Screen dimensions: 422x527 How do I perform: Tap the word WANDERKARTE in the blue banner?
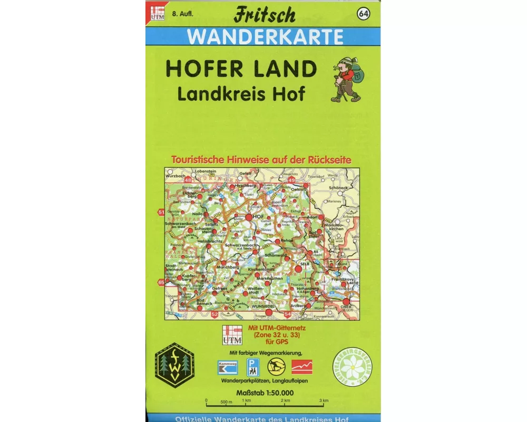point(265,36)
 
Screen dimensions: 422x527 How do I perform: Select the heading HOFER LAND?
point(241,69)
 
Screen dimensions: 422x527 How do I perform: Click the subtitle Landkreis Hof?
point(241,93)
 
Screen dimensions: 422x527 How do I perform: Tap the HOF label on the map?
point(258,217)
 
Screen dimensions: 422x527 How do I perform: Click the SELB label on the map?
point(304,263)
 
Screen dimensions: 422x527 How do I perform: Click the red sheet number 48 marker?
point(188,180)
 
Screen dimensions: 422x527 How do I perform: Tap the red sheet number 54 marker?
point(287,314)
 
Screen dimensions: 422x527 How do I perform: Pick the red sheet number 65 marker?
point(161,282)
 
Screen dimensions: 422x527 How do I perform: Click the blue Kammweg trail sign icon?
point(228,367)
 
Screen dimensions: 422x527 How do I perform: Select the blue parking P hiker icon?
point(254,366)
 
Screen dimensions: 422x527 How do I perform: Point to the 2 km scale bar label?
point(286,400)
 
